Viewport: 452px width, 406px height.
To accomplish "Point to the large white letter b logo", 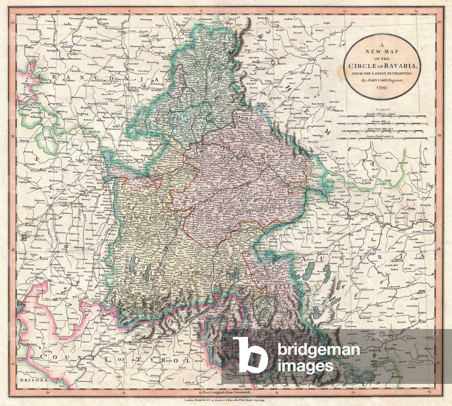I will click(251, 354).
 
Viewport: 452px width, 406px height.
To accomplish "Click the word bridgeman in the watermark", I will click(319, 350).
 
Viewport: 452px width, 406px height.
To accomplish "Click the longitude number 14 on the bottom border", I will click(353, 391).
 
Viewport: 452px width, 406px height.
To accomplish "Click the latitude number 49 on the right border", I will click(439, 136).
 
